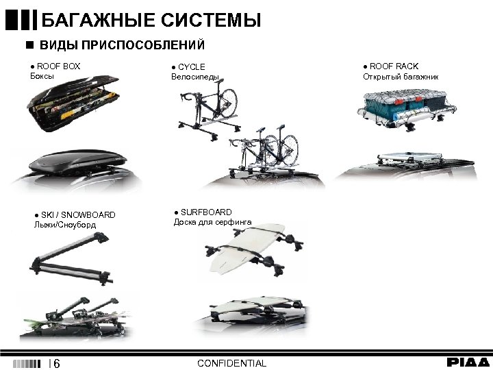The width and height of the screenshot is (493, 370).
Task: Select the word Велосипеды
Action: (x=195, y=77)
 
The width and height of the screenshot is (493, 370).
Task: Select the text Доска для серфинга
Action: (x=212, y=222)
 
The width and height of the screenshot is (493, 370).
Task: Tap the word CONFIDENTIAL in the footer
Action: (x=231, y=362)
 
